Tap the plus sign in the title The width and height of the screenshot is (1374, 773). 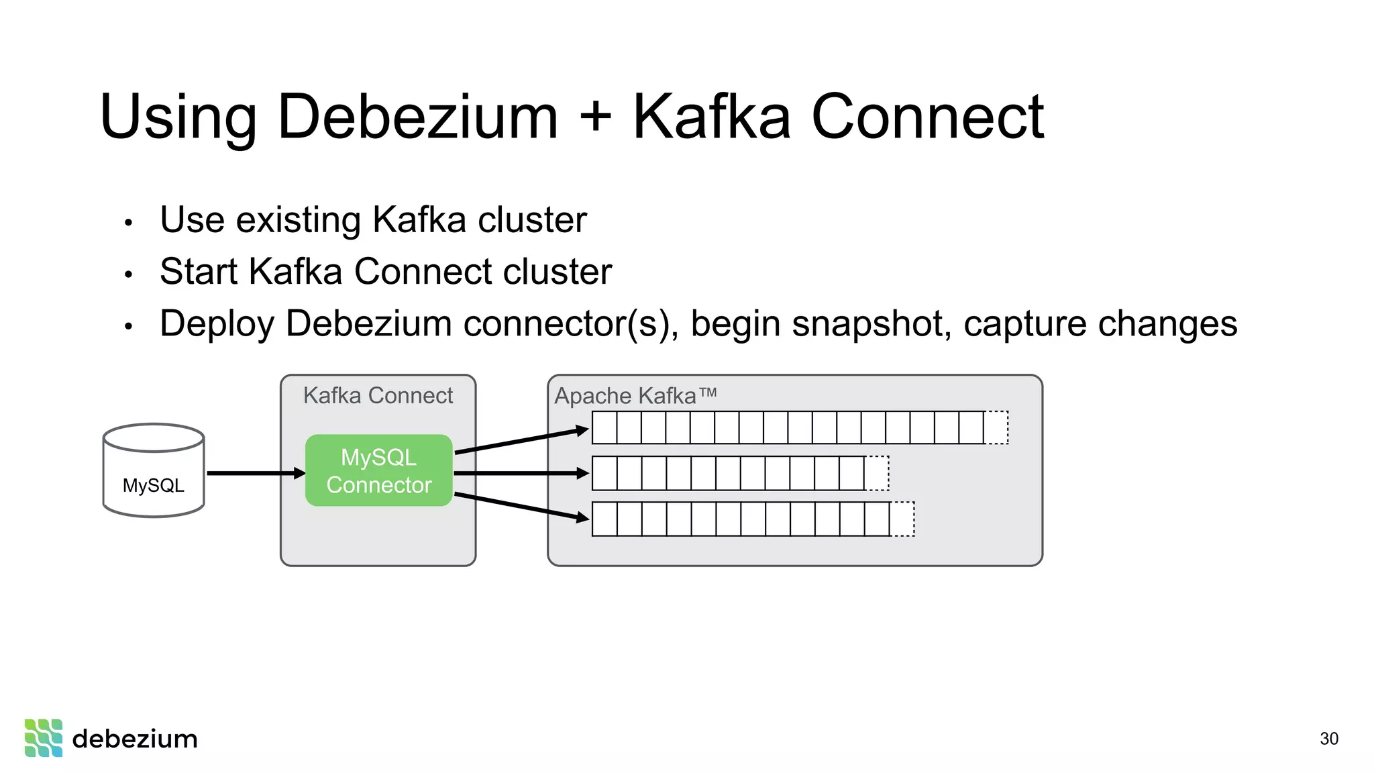point(595,117)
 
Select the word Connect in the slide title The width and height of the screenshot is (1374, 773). point(927,117)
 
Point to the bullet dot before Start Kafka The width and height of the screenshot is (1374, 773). point(129,274)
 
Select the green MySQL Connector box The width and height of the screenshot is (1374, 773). point(379,470)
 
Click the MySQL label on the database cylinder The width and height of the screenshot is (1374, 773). point(153,485)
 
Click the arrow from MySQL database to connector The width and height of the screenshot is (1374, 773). point(255,474)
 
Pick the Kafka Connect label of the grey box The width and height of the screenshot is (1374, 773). point(378,395)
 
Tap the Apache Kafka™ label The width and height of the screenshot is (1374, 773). point(635,395)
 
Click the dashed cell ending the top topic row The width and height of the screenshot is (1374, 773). point(996,427)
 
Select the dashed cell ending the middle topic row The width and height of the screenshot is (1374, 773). point(877,473)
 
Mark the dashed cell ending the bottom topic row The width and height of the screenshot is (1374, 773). point(902,519)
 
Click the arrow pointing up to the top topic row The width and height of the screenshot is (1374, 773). point(522,441)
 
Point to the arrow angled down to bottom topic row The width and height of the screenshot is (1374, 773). point(522,506)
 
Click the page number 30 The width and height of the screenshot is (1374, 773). point(1328,739)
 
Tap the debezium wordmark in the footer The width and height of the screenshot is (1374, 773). point(135,739)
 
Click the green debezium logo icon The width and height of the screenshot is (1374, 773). point(44,738)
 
